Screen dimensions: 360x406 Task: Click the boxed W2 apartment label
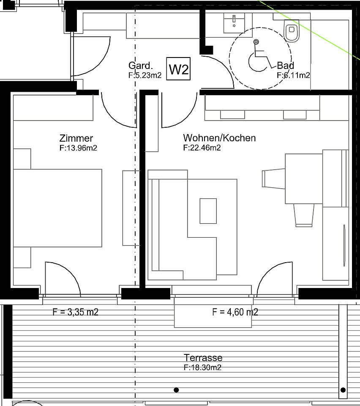(x=178, y=69)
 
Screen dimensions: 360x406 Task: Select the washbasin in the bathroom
(x=235, y=23)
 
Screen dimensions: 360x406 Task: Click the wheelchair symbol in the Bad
(x=260, y=55)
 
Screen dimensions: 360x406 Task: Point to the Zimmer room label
(x=76, y=138)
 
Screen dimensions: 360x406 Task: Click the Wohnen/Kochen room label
(x=219, y=138)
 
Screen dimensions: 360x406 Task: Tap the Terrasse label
(x=203, y=358)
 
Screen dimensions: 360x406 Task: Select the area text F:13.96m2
(x=78, y=148)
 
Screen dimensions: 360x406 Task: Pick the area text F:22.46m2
(x=202, y=148)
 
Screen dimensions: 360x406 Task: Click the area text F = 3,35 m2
(x=76, y=312)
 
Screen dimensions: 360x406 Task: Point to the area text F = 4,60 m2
(x=235, y=312)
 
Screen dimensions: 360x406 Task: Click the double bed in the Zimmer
(x=57, y=208)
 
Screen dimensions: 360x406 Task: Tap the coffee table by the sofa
(x=208, y=211)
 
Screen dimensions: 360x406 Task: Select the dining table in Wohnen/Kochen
(x=304, y=178)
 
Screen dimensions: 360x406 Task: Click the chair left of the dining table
(x=274, y=178)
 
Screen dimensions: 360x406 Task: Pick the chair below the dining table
(x=304, y=215)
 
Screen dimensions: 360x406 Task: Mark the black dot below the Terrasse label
(x=176, y=390)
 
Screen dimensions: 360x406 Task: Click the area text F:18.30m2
(x=203, y=368)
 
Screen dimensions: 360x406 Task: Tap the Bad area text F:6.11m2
(x=293, y=75)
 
